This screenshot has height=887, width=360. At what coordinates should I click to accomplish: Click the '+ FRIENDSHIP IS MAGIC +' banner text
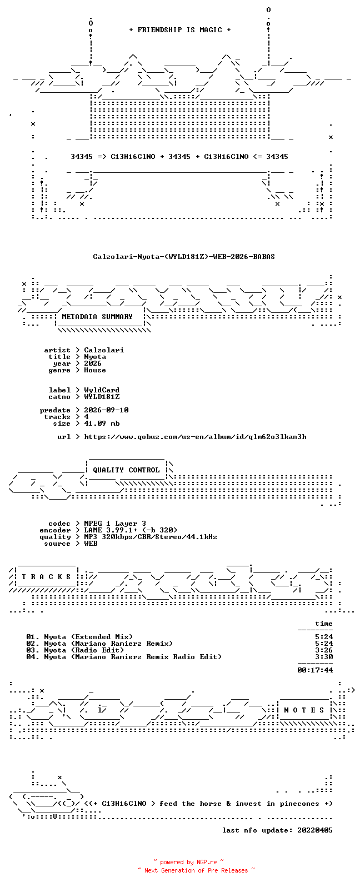(180, 29)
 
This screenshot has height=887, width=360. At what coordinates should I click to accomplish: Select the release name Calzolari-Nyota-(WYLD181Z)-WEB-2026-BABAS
(184, 257)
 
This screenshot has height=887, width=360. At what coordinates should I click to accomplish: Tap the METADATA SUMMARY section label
(97, 317)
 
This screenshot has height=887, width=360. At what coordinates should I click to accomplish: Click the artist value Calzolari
(104, 350)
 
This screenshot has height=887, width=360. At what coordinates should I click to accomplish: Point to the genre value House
(95, 370)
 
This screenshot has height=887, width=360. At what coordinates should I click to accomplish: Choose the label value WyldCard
(102, 390)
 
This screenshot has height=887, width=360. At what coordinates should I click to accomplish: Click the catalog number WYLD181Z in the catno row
(102, 397)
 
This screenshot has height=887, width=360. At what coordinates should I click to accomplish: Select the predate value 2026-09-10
(106, 410)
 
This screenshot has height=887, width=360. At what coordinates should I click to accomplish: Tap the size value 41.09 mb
(102, 423)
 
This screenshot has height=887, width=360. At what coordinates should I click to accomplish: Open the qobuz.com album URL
(195, 437)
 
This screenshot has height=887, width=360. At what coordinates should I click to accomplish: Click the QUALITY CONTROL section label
(126, 470)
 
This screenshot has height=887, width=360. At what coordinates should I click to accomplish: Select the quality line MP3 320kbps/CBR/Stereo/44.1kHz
(151, 537)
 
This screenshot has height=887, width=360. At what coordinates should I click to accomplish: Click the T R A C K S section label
(46, 577)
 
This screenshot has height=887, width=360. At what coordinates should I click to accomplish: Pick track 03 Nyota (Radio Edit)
(75, 650)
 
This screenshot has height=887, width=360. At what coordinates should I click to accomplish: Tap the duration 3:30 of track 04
(324, 657)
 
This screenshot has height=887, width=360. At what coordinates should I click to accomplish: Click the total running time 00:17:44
(315, 670)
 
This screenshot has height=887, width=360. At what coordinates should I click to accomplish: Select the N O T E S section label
(304, 710)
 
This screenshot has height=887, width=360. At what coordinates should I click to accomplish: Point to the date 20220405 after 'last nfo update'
(315, 830)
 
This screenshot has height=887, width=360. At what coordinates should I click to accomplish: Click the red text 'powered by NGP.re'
(188, 862)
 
